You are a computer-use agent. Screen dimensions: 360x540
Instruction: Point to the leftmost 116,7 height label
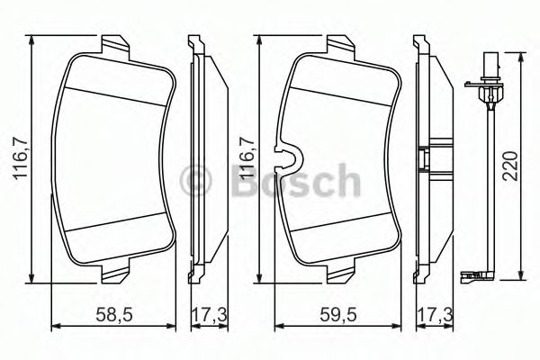tap(17, 157)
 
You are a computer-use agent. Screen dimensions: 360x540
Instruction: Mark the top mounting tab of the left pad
tap(112, 45)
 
